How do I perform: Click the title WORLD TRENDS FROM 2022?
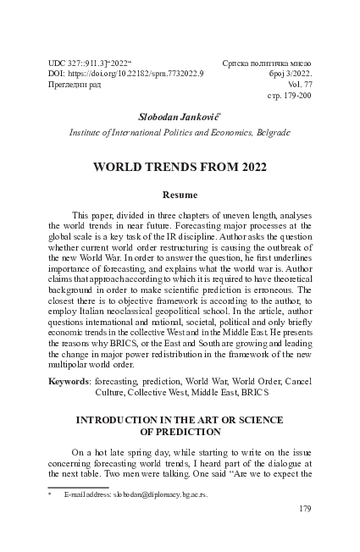(180, 167)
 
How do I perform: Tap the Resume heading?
(180, 196)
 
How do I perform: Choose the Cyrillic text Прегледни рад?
(77, 86)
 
